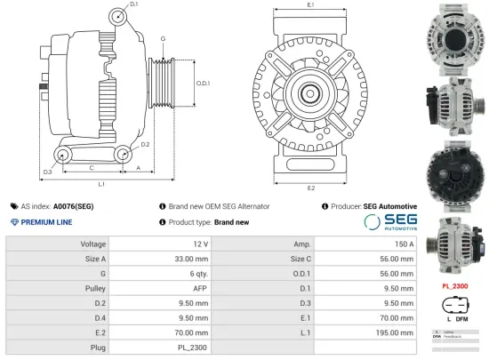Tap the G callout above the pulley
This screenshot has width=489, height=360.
tap(163, 39)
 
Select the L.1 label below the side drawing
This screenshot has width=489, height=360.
tap(101, 184)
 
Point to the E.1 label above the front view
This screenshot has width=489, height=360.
tap(310, 5)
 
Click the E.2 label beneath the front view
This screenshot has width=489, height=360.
tap(310, 188)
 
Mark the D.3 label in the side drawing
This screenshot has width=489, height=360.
tap(47, 171)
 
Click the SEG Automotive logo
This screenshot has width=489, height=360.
tap(389, 222)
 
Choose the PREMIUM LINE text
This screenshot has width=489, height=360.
tap(45, 222)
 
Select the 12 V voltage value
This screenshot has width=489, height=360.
tap(199, 244)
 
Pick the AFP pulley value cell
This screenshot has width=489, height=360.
tap(200, 287)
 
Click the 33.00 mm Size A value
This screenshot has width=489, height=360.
tap(191, 259)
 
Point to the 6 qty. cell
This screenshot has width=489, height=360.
tap(196, 273)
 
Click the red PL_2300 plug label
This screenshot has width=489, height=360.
tap(454, 286)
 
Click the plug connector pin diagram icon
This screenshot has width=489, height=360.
tap(454, 308)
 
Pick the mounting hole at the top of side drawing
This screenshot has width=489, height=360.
tap(120, 16)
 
